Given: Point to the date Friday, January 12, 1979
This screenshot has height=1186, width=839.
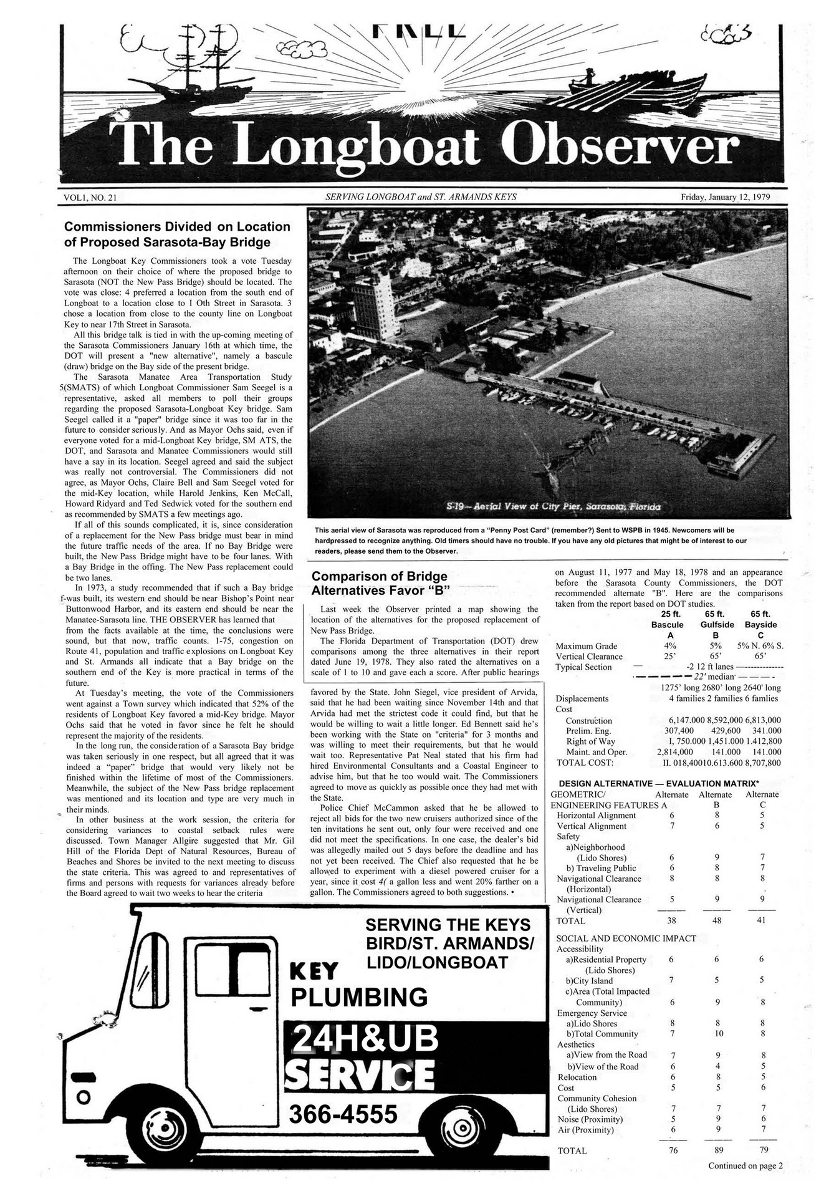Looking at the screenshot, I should [725, 197].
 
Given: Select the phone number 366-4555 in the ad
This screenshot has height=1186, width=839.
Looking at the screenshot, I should [343, 1113].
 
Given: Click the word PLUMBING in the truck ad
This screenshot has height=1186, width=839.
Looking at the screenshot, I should [360, 997].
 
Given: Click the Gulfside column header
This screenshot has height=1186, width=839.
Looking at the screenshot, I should [717, 624].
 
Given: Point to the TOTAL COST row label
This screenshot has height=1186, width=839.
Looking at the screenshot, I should [584, 763].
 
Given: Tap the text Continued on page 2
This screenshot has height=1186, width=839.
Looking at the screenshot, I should [744, 1165].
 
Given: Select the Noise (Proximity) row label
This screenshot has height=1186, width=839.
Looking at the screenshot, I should [589, 1119].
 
